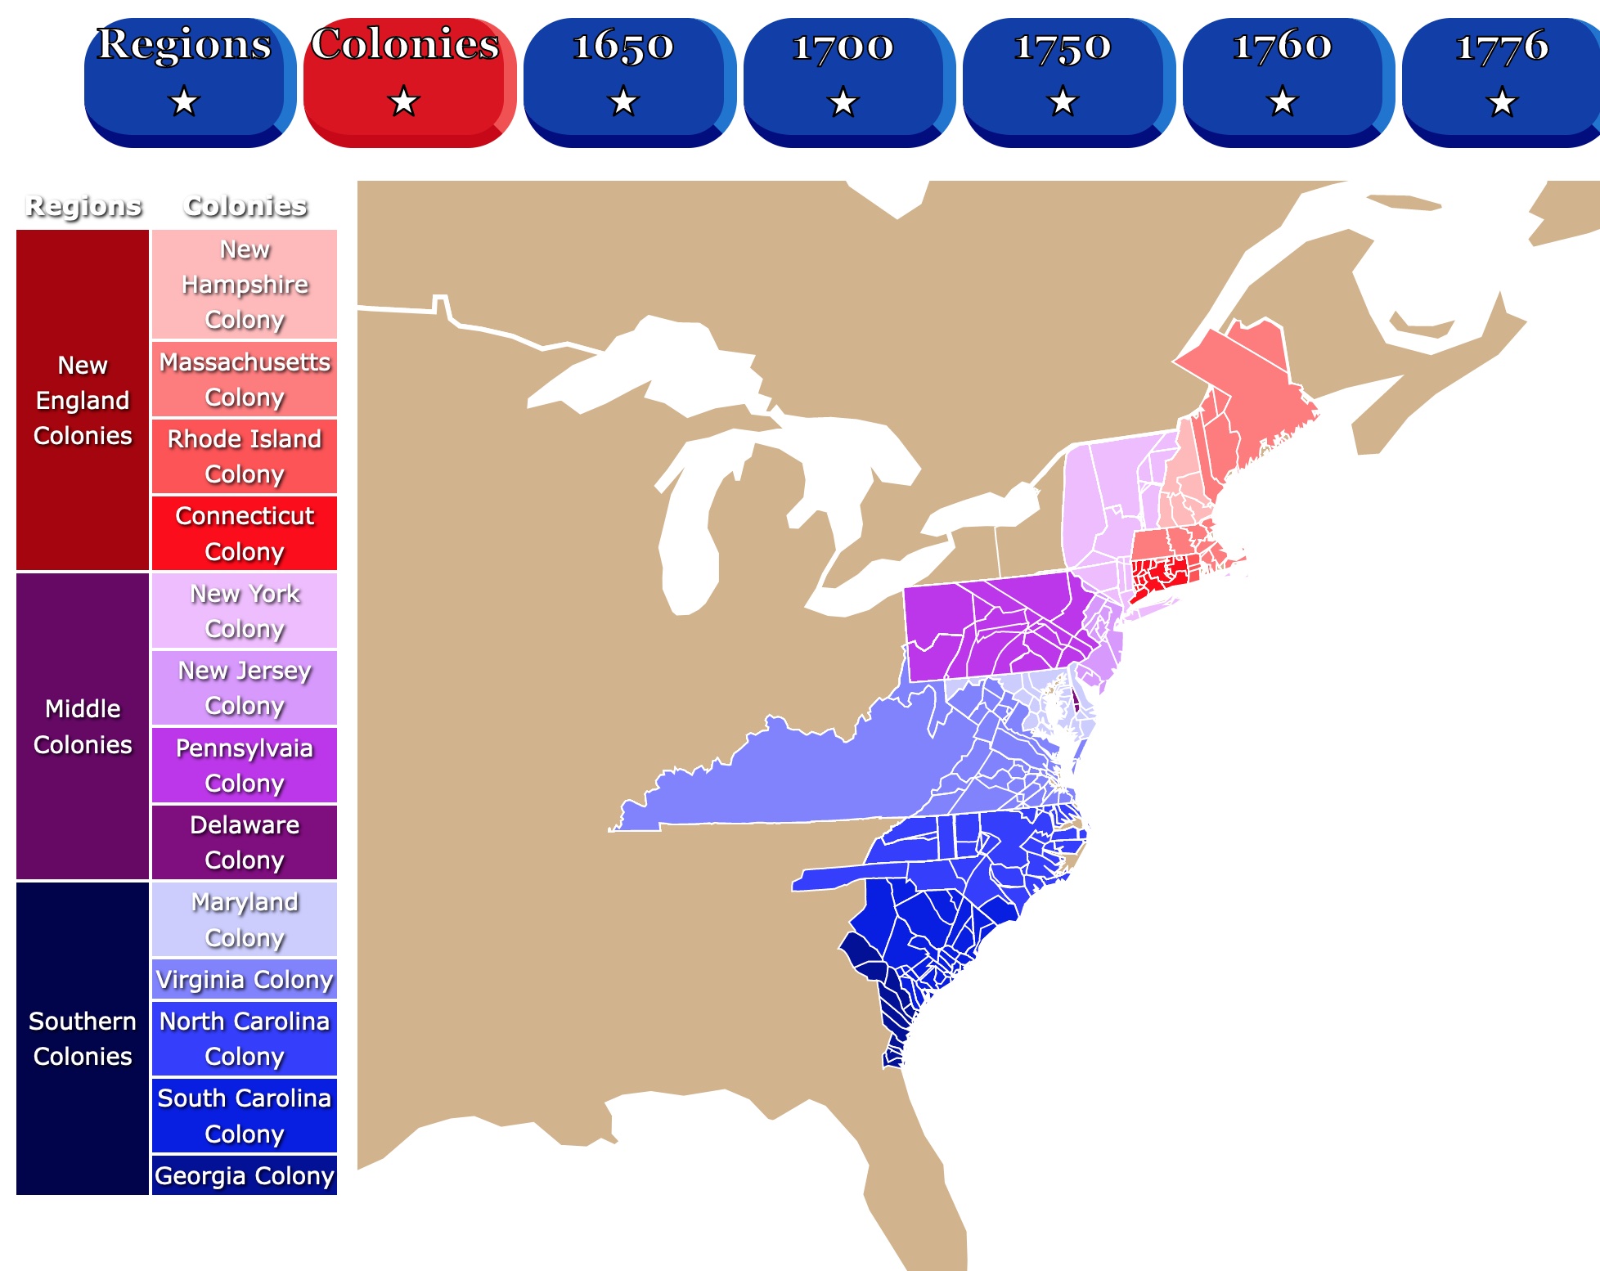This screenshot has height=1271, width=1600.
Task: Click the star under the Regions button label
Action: (x=184, y=102)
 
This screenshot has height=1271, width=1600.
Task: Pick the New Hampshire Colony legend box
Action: (x=245, y=284)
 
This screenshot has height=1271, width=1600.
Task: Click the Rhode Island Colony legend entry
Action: (x=245, y=456)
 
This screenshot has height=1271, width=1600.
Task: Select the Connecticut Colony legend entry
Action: (x=245, y=533)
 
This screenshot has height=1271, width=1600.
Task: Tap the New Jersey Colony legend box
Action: (x=245, y=688)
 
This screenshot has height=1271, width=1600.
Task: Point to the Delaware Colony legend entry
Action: (x=245, y=842)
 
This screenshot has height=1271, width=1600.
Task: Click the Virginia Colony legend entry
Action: (x=245, y=979)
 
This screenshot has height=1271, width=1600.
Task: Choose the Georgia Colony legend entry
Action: (x=245, y=1175)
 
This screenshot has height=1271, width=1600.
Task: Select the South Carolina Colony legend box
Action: (x=245, y=1116)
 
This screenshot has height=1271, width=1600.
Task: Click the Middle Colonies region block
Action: (x=83, y=726)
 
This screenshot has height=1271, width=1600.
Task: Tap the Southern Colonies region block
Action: (x=83, y=1039)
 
